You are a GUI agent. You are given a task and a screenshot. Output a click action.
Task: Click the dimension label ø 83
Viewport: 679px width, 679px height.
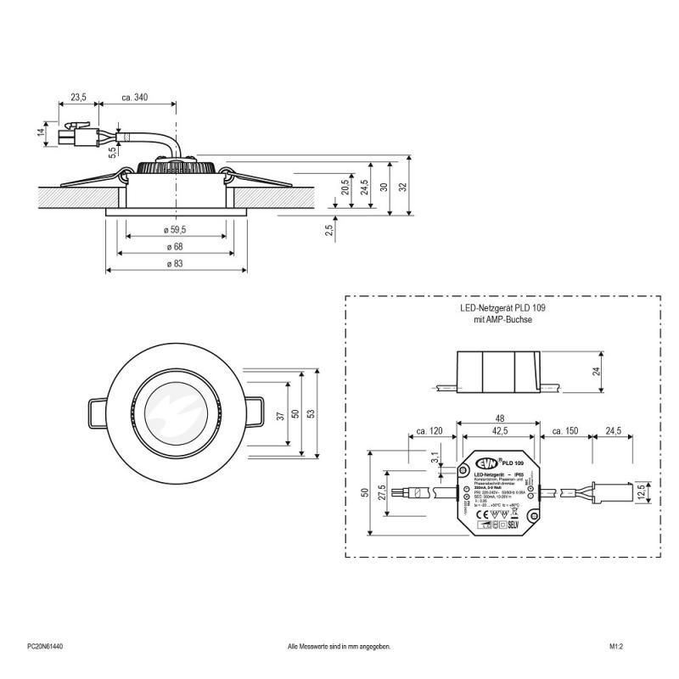tap(176, 264)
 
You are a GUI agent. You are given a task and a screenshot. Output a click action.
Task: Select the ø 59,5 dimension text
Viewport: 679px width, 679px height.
tap(176, 229)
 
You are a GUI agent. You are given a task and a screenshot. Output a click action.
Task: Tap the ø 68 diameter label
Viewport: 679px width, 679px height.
tap(176, 246)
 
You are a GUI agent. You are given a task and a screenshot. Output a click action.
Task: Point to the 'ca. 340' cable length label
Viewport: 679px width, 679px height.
tap(135, 98)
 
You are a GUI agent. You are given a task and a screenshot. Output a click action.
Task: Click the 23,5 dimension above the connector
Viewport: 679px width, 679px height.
tap(78, 98)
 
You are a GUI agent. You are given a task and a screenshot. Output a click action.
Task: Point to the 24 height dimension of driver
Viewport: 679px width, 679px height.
tap(596, 370)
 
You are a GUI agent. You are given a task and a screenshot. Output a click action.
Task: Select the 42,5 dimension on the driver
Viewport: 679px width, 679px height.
tap(500, 432)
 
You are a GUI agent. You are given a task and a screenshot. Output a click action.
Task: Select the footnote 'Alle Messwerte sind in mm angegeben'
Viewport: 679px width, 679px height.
tap(339, 647)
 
